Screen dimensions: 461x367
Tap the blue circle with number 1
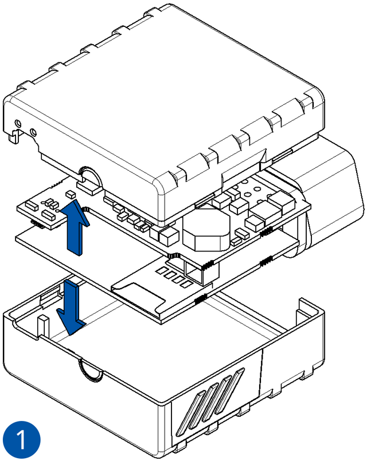[22, 440]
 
